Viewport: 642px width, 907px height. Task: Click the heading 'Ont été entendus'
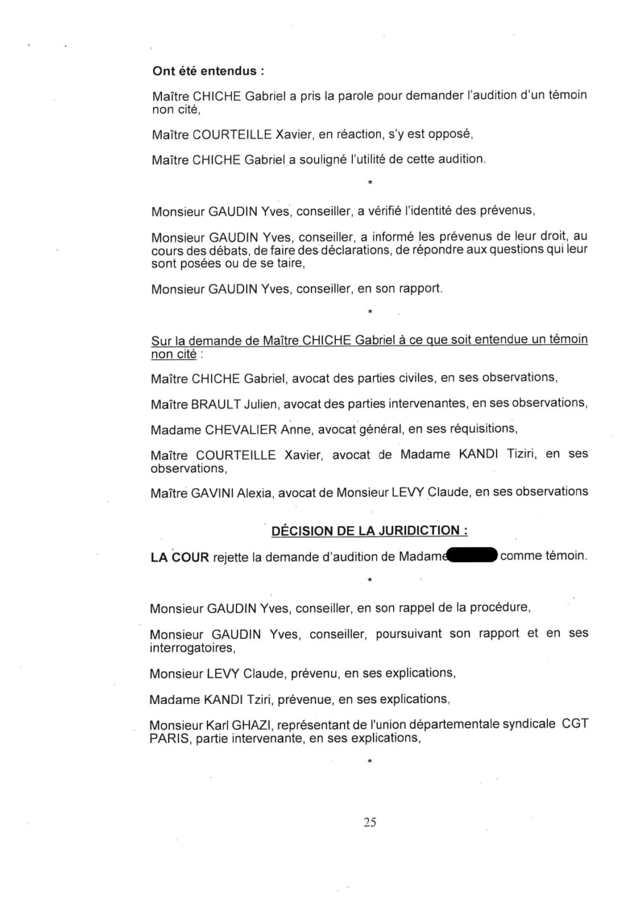coord(207,71)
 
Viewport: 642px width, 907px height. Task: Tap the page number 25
coord(370,822)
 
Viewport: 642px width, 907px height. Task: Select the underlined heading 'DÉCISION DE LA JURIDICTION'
coord(369,530)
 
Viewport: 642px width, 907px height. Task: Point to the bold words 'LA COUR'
coord(180,557)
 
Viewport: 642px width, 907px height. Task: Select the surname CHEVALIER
coord(241,430)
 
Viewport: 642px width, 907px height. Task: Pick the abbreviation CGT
coord(575,724)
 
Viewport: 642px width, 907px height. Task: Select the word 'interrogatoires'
coord(192,648)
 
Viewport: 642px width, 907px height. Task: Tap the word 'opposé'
coord(453,134)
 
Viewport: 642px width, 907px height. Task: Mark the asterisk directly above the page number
coord(369,762)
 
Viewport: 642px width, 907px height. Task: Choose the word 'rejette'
coord(230,557)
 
